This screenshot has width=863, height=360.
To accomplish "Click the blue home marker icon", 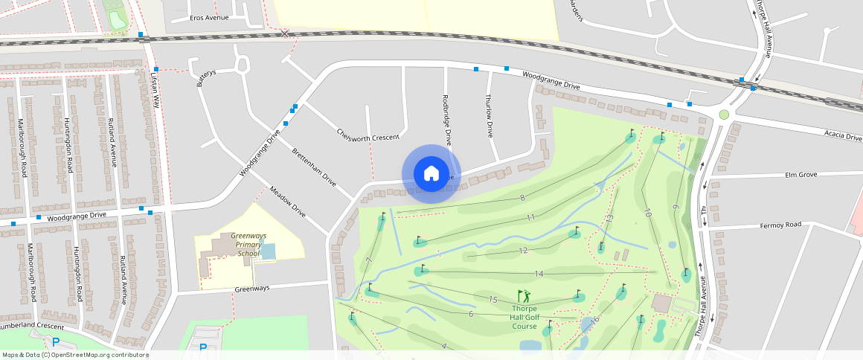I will (431, 174).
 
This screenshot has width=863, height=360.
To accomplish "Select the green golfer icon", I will (524, 297).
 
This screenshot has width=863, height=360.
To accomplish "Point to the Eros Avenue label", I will (209, 17).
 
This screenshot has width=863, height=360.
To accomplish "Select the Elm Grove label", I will (801, 175).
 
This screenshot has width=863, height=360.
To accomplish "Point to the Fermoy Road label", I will (780, 225).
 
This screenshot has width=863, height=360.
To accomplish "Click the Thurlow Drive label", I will (489, 116).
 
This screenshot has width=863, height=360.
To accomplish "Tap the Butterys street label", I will (206, 77).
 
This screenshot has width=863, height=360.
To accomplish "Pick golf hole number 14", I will (539, 274).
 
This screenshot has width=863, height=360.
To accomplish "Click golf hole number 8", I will (522, 197).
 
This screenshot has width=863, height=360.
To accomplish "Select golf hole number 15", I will (493, 299).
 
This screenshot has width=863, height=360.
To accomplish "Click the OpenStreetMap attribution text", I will (75, 355).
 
